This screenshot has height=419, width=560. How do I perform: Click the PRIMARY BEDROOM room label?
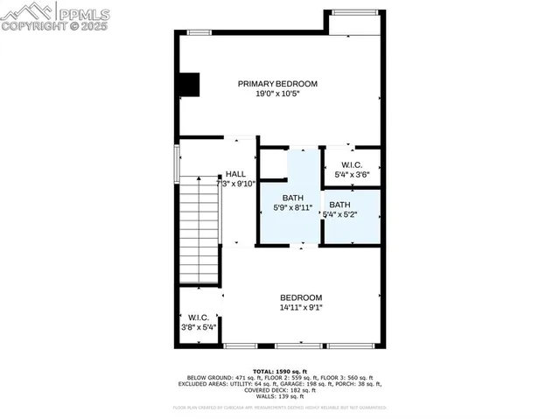277,84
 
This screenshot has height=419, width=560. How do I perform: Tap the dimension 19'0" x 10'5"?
277,94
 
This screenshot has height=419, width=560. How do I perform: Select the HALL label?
235,174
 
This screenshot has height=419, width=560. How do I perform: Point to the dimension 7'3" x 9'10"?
234,184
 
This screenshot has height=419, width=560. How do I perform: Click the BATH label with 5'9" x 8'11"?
291,198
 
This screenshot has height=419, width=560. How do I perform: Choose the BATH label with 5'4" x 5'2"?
339,204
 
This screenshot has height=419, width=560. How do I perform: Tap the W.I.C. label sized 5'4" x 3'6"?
352,164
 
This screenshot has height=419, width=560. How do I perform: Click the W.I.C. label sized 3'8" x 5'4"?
197,318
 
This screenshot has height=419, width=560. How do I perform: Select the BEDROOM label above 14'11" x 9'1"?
301,297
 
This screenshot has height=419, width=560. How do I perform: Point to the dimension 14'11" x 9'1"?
301,307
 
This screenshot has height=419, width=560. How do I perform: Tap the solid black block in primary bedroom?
189,84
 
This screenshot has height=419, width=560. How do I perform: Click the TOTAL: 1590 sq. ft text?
279,371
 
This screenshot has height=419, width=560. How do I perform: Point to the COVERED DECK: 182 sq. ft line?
279,390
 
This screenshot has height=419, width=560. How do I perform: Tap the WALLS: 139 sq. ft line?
279,397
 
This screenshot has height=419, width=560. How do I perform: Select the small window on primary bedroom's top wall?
199,32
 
